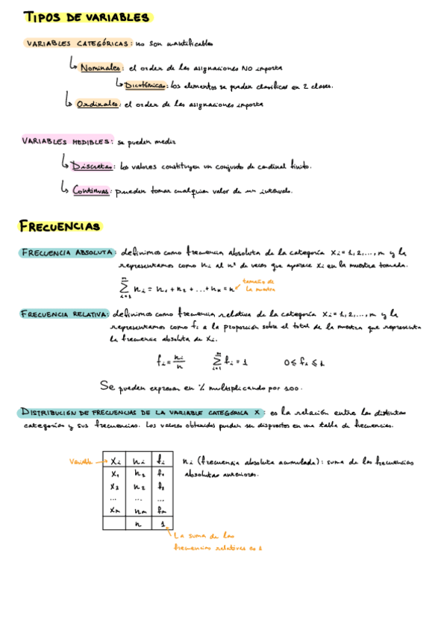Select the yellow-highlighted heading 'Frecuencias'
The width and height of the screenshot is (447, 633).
coord(60,225)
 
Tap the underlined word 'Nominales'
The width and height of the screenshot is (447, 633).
coord(101,67)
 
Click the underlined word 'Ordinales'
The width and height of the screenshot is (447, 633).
coord(97,105)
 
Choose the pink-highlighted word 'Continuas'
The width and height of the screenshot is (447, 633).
coord(91,190)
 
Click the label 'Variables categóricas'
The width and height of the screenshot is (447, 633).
coord(78,43)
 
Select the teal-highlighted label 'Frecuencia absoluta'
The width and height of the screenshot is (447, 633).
coord(67,252)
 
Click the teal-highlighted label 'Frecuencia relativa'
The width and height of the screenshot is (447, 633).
coord(66,315)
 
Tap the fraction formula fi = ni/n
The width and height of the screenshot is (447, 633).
coord(169,362)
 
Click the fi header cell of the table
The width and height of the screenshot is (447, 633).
coord(161,461)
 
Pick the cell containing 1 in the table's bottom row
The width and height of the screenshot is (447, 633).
coord(161,524)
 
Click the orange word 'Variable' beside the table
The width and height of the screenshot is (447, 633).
coord(81,461)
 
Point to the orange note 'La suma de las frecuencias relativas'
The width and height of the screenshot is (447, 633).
coord(216,541)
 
